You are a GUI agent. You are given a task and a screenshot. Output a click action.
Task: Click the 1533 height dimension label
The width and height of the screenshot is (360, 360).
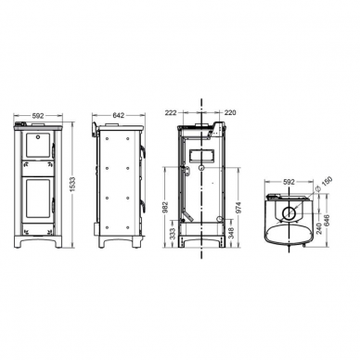tap(73, 185)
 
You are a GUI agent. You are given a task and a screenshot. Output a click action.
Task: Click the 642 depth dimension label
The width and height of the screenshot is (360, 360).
tap(119, 115)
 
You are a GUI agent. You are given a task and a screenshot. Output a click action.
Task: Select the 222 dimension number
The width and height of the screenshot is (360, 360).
tap(171, 113)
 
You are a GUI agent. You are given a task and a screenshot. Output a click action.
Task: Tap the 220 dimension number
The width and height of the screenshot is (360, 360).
tap(230, 113)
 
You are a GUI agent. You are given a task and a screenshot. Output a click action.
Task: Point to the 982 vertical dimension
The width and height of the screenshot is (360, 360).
tap(165, 208)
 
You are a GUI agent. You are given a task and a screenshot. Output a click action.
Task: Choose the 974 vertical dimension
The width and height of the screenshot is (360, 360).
tap(238, 208)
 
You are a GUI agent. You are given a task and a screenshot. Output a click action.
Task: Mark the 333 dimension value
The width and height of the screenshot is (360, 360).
tap(173, 234)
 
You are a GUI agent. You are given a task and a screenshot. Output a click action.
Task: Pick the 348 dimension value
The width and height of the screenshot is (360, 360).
tap(230, 233)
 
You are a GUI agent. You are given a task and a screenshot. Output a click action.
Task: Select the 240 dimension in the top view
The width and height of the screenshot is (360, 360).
tap(320, 228)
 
